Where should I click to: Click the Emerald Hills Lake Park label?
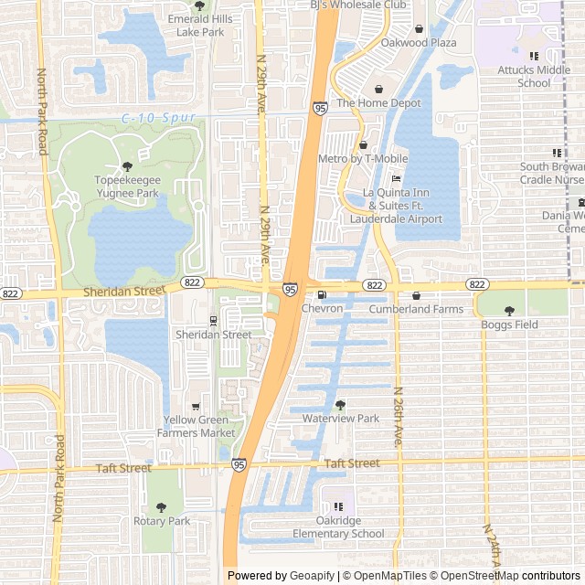tap(199, 26)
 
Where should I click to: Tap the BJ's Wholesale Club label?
tap(357, 5)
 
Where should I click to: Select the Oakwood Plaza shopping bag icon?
tap(419, 29)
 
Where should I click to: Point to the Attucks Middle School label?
tap(534, 76)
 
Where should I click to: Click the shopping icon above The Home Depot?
tap(378, 89)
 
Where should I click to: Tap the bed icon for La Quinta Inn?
tap(396, 178)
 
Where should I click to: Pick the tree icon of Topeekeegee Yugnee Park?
tap(127, 166)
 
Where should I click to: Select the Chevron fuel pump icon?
tap(321, 295)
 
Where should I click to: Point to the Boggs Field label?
tap(509, 324)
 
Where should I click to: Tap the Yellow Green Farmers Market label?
tap(199, 426)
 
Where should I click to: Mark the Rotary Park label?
tap(161, 521)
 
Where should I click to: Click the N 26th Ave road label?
tap(398, 415)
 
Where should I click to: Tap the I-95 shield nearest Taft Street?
tap(239, 465)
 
